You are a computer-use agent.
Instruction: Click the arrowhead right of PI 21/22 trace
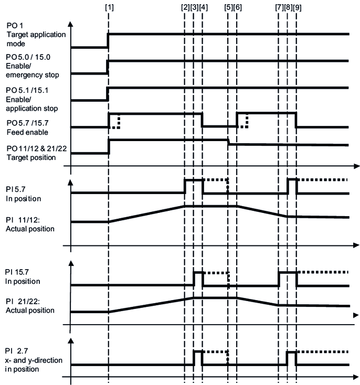click(355, 315)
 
